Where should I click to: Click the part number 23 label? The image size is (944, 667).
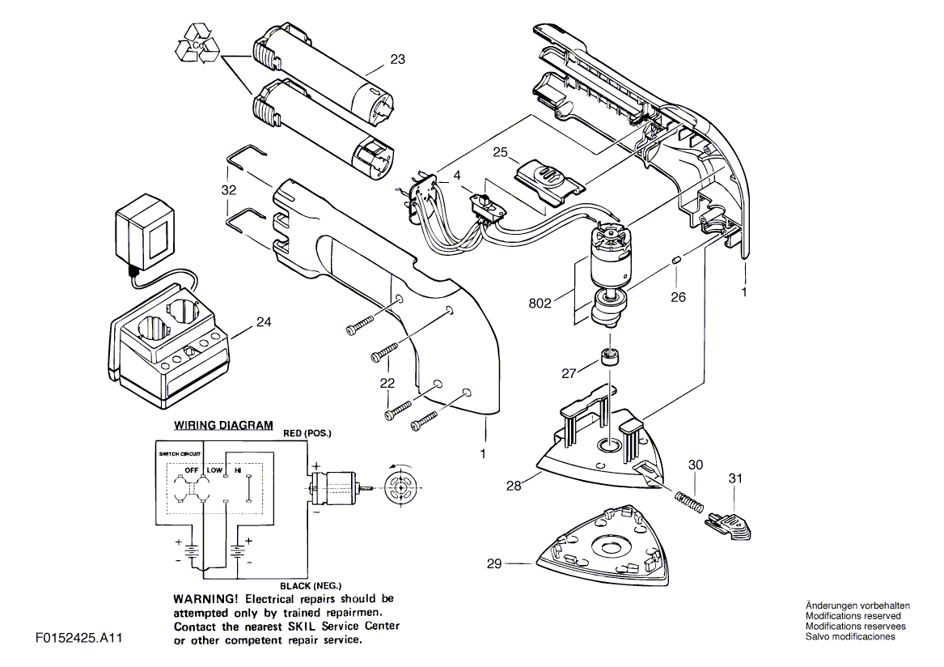397,59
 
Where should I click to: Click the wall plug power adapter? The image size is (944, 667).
144,235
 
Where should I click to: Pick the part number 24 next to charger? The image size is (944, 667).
263,321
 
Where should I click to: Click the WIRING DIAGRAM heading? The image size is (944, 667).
224,425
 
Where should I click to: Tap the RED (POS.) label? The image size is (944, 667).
307,434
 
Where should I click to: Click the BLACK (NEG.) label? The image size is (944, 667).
311,584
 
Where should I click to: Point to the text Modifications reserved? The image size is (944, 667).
855,616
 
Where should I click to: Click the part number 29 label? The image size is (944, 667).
496,563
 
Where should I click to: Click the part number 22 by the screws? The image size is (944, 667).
387,383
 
